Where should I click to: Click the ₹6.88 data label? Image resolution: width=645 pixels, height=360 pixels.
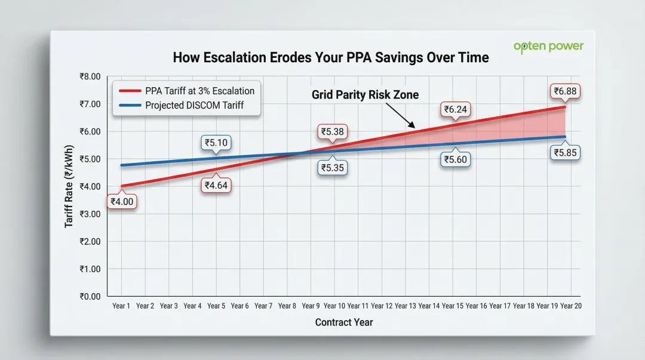click(x=564, y=92)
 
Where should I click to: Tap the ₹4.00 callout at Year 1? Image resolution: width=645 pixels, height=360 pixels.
click(x=122, y=202)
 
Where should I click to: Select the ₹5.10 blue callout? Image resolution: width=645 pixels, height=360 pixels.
click(x=216, y=143)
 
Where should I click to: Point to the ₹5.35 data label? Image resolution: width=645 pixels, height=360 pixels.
click(x=332, y=168)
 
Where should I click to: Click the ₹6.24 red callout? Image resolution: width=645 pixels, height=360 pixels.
click(x=456, y=109)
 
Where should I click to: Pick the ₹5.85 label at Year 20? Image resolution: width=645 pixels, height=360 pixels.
click(x=565, y=153)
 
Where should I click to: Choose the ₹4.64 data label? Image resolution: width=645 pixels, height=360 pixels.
click(x=216, y=185)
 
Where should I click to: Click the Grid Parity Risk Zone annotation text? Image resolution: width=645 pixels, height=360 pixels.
click(x=365, y=94)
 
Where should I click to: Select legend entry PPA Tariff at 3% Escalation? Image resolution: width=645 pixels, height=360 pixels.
click(x=199, y=91)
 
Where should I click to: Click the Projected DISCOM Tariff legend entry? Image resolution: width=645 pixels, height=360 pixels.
click(x=194, y=105)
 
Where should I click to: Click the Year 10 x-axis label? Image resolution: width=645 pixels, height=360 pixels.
click(x=333, y=306)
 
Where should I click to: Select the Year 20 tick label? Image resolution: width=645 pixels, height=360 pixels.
click(x=570, y=306)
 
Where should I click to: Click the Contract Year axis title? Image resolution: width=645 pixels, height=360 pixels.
click(x=344, y=322)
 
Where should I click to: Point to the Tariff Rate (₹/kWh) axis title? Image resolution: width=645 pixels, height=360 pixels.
click(x=69, y=186)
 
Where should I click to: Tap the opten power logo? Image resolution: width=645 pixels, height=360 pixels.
click(x=548, y=47)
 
